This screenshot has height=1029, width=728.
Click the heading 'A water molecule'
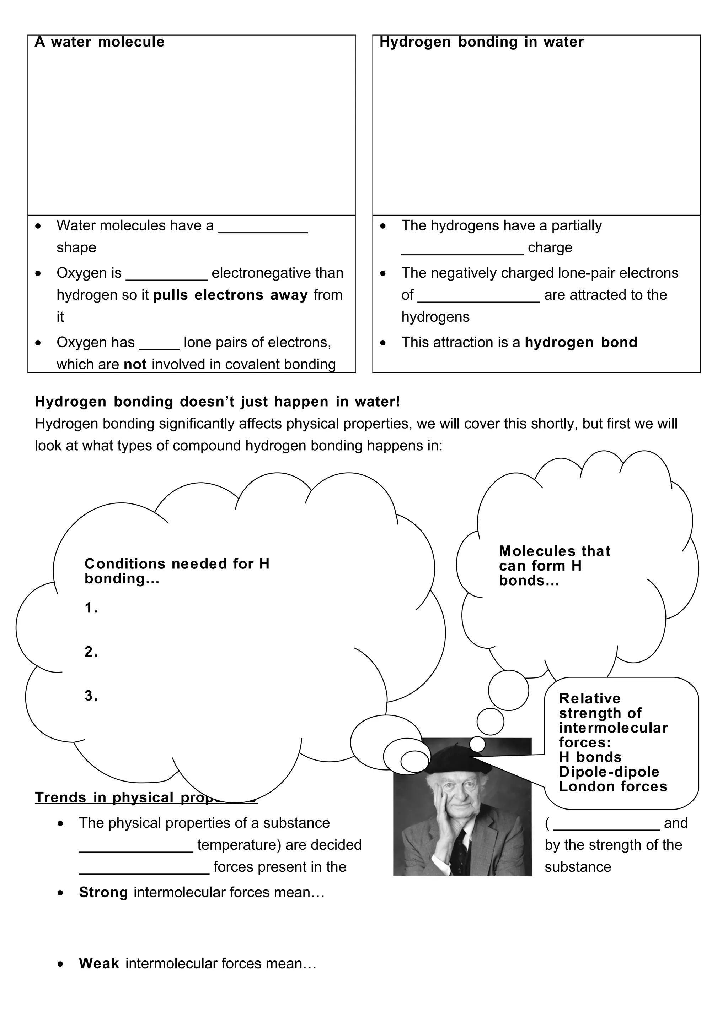click(x=100, y=42)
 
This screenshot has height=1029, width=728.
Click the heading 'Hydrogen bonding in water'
click(x=481, y=42)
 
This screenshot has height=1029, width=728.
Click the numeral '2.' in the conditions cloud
click(x=91, y=652)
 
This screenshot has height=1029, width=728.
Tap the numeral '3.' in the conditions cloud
click(x=91, y=696)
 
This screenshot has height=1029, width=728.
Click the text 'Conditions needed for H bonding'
click(x=177, y=571)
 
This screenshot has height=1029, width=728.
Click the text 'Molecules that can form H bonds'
click(x=555, y=566)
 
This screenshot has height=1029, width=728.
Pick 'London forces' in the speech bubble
click(x=613, y=787)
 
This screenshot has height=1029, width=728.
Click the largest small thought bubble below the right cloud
click(x=508, y=691)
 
